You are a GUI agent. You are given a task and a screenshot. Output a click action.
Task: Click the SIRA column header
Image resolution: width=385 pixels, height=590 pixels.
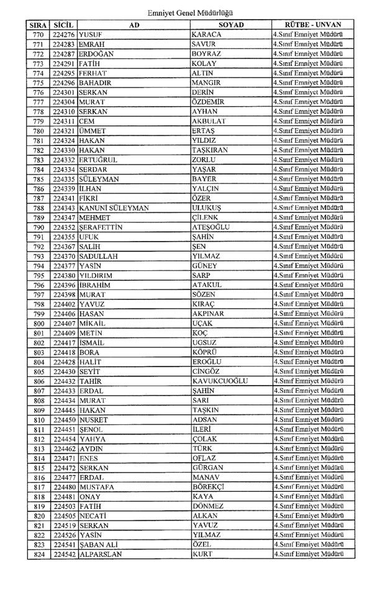38,24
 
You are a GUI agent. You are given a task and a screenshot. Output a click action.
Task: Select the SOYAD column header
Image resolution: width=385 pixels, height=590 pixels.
230,24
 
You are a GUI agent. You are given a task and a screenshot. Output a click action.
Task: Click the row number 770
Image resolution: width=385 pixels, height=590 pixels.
38,34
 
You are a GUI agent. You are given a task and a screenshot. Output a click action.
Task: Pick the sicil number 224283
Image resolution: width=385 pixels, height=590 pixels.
63,44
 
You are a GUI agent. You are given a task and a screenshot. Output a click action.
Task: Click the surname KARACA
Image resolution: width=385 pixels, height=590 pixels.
208,34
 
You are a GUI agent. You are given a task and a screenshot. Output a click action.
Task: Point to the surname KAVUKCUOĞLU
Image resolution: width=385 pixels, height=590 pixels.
220,381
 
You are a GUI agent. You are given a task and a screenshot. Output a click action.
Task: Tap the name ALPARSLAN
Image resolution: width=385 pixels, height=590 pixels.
100,554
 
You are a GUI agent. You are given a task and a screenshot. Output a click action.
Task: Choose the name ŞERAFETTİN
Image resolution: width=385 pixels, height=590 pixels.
100,227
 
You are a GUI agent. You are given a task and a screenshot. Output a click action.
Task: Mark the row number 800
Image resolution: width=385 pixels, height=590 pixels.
38,324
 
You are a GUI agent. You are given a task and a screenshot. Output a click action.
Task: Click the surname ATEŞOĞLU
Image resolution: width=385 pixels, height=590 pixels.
212,227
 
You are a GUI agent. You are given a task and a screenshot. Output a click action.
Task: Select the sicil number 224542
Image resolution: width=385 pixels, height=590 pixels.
63,554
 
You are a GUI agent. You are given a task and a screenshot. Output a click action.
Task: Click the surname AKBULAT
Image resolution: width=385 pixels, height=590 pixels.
211,121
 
